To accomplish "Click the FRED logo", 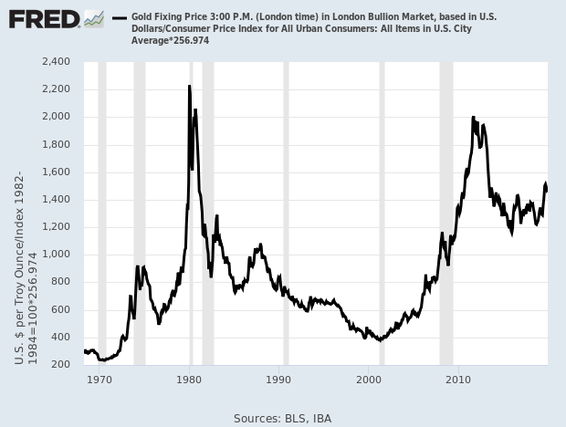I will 44,18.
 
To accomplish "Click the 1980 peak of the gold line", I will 189,87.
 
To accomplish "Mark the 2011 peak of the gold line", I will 473,118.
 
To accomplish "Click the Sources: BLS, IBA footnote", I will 282,418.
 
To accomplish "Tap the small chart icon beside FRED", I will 93,18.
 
